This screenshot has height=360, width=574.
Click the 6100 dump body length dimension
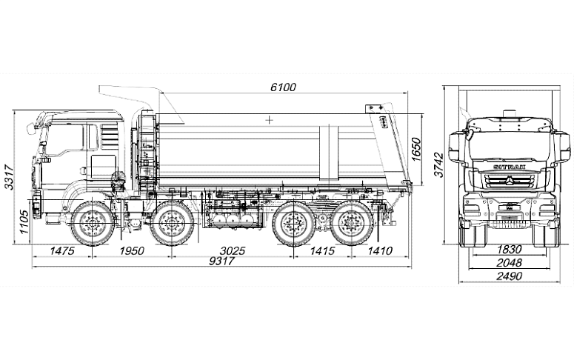coord(283,87)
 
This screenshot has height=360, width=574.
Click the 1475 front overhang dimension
coord(63,251)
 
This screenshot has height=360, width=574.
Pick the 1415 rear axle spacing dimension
coord(323,251)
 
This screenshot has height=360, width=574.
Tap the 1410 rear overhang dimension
coord(379,251)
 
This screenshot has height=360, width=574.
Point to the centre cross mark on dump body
coord(268,119)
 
